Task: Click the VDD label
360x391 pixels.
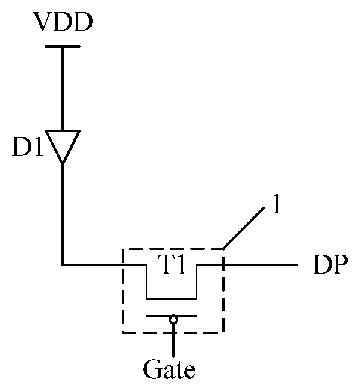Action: pos(63,22)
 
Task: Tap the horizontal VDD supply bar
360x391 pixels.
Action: pos(63,46)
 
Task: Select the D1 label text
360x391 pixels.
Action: pos(28,147)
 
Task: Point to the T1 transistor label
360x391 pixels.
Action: pos(172,264)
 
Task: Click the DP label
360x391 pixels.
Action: pos(331,264)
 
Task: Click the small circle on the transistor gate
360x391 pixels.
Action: pos(173,319)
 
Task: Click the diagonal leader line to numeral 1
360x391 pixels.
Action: pos(244,228)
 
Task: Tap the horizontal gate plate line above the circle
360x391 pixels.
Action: pos(172,316)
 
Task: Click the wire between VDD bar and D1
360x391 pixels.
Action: pos(63,89)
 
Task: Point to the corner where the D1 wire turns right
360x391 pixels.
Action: pos(63,265)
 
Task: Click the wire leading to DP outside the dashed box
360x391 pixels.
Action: pos(261,265)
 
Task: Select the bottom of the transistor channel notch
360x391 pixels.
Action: pos(172,298)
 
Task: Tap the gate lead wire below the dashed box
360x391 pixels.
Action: pos(173,345)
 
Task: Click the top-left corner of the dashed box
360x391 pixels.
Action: pos(123,249)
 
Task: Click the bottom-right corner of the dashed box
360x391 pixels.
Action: pos(223,333)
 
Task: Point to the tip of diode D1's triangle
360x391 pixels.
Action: pos(63,164)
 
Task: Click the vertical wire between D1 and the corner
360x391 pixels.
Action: pos(63,214)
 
